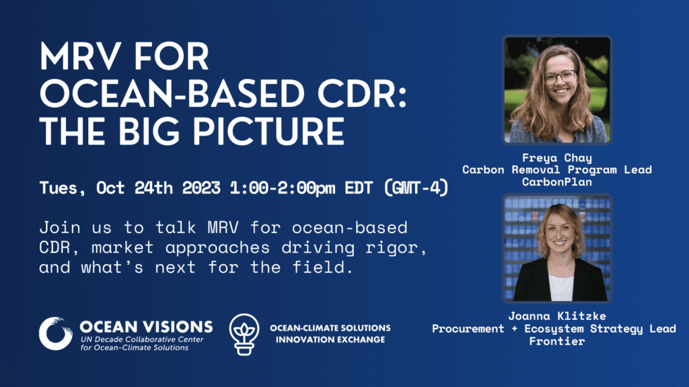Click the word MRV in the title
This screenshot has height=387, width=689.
tap(81, 56)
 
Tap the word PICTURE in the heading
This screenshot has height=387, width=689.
tap(268, 131)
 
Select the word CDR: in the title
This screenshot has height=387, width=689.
tap(362, 93)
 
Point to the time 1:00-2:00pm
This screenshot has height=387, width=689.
tap(283, 188)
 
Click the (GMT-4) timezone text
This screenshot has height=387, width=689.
tap(416, 188)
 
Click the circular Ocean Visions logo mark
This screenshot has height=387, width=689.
tap(55, 333)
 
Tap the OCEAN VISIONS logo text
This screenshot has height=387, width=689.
tap(146, 327)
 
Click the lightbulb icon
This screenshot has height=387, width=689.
tap(244, 335)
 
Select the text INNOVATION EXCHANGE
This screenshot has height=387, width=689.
tap(330, 339)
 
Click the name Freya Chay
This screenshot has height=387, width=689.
tap(556, 158)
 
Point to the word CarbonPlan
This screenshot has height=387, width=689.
tap(556, 181)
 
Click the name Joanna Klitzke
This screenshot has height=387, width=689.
tap(556, 316)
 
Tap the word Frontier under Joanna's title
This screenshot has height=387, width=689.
tap(556, 341)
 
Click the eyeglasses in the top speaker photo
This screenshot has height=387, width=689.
tap(560, 77)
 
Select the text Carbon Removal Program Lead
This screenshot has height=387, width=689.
tap(556, 170)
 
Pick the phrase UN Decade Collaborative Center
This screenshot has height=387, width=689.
tap(142, 339)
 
